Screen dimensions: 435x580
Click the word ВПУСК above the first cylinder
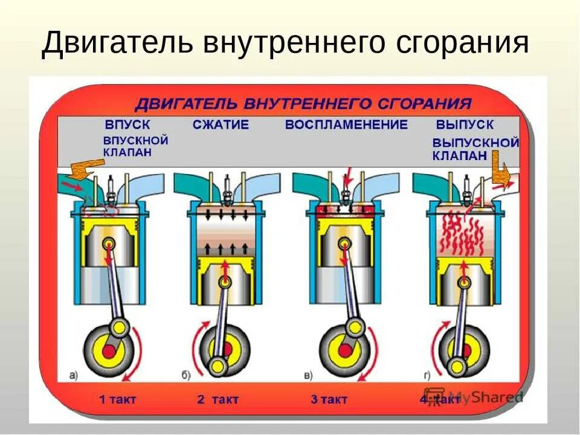point(127,125)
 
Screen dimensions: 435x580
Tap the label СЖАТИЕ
point(221,125)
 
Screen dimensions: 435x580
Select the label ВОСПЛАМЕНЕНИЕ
point(346,125)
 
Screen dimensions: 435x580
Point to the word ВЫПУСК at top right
point(465,125)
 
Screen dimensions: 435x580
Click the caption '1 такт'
point(118,399)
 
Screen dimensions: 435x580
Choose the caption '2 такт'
point(217,399)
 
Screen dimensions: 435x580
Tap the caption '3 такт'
point(329,399)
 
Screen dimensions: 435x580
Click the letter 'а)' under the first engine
point(73,376)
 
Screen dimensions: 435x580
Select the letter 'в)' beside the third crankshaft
point(308,376)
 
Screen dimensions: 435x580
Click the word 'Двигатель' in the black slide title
point(118,45)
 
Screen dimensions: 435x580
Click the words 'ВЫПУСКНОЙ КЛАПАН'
point(475,149)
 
